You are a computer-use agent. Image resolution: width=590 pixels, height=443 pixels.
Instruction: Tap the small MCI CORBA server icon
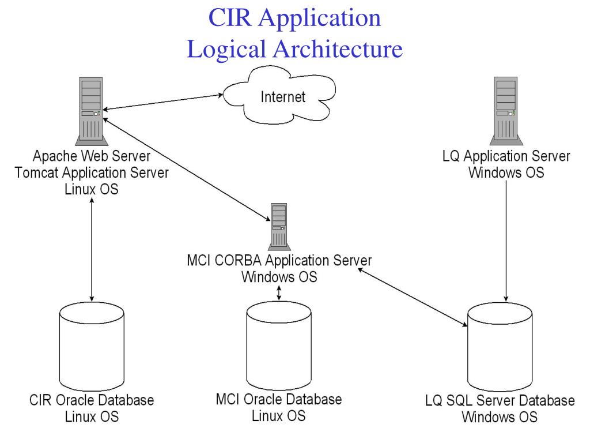(x=279, y=226)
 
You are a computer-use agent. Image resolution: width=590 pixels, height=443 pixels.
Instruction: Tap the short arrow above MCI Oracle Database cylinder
(x=279, y=292)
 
